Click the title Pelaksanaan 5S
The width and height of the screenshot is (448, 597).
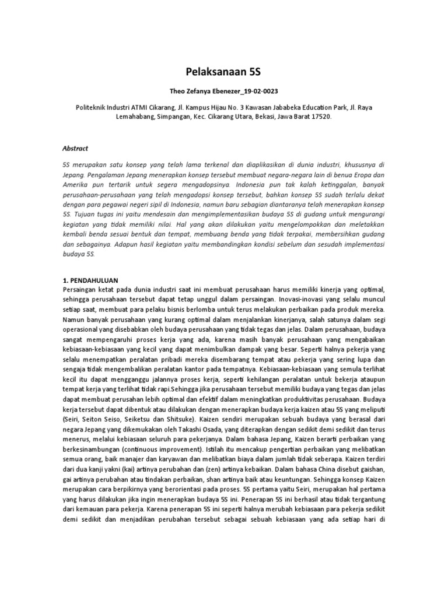point(223,72)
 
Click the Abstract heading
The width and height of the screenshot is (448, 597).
point(75,149)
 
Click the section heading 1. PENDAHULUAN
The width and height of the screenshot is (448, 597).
point(94,280)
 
